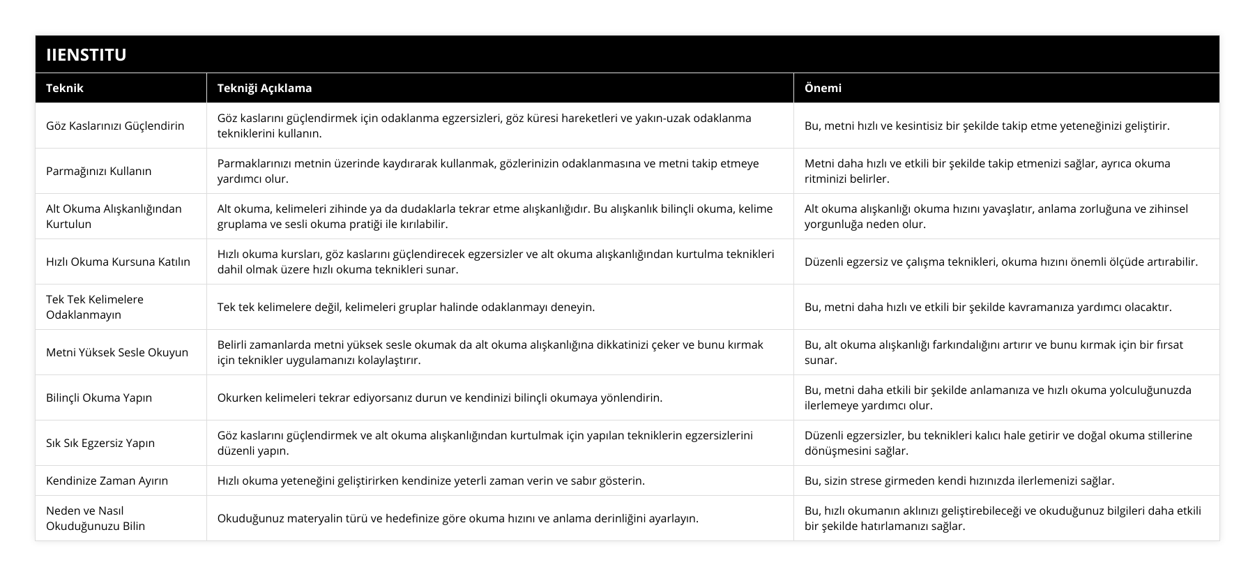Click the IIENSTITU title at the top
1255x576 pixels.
pos(86,54)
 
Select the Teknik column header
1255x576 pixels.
pos(65,88)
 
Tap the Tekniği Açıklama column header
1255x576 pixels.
pos(264,88)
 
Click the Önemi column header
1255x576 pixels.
pos(823,88)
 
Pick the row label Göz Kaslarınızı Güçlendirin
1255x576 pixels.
pos(115,126)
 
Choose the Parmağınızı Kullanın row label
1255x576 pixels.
pos(98,171)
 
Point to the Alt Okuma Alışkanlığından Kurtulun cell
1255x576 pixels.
pos(114,216)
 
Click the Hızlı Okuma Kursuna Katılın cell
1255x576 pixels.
pos(118,262)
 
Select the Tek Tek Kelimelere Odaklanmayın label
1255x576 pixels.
pos(95,307)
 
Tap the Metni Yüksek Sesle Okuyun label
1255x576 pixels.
pos(117,352)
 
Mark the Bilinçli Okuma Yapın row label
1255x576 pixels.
pos(99,397)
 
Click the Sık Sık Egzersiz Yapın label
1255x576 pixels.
pos(100,443)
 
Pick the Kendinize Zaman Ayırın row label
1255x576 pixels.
pos(107,480)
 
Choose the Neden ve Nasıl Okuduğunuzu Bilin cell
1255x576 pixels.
pos(96,518)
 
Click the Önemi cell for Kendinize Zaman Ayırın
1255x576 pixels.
pos(959,480)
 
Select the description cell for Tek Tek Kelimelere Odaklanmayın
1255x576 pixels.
pos(406,307)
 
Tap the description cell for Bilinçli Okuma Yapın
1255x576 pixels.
pos(439,397)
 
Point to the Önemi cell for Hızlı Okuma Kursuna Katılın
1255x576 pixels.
pos(1001,262)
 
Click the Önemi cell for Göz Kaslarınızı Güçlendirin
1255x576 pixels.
pos(987,126)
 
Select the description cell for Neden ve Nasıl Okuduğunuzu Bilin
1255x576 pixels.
pos(457,518)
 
